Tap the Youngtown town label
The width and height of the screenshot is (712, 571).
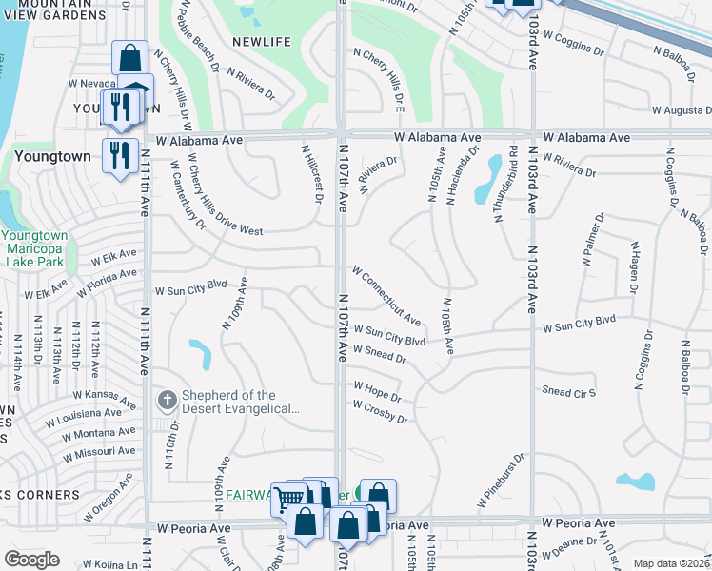point(52,156)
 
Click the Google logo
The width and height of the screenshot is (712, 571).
point(31,559)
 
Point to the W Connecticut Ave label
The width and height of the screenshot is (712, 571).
point(386,296)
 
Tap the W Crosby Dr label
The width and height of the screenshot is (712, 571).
point(380,412)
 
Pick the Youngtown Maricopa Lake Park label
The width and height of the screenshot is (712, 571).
point(35,248)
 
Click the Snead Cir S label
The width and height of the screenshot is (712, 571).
point(568,392)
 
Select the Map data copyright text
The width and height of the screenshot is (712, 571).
point(671,563)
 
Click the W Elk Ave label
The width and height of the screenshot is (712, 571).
point(113,257)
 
